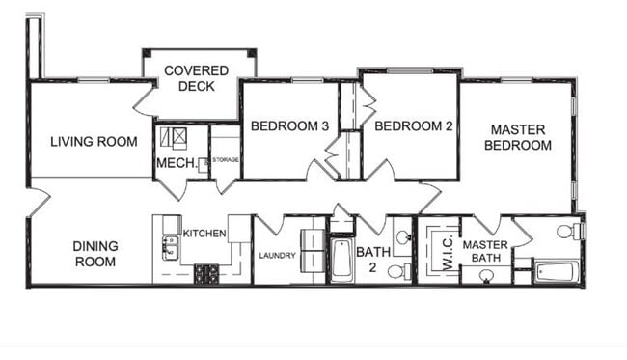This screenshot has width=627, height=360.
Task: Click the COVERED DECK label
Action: pyautogui.click(x=196, y=78)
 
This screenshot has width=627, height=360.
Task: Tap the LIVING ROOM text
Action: pyautogui.click(x=94, y=142)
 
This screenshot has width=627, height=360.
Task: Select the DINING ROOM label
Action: pyautogui.click(x=95, y=254)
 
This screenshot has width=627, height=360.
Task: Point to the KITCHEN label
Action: pyautogui.click(x=204, y=233)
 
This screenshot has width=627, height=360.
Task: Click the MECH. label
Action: pyautogui.click(x=176, y=163)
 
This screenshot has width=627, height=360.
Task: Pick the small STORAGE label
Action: pyautogui.click(x=226, y=159)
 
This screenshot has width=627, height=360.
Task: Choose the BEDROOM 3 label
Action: pyautogui.click(x=289, y=126)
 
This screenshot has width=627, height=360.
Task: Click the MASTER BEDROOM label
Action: pyautogui.click(x=518, y=137)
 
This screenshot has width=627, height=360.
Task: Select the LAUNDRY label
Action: pyautogui.click(x=277, y=256)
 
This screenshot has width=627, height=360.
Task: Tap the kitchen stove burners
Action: pyautogui.click(x=206, y=274)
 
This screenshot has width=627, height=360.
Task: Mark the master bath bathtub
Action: pyautogui.click(x=555, y=274)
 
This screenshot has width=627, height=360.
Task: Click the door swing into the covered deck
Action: pyautogui.click(x=145, y=98)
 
